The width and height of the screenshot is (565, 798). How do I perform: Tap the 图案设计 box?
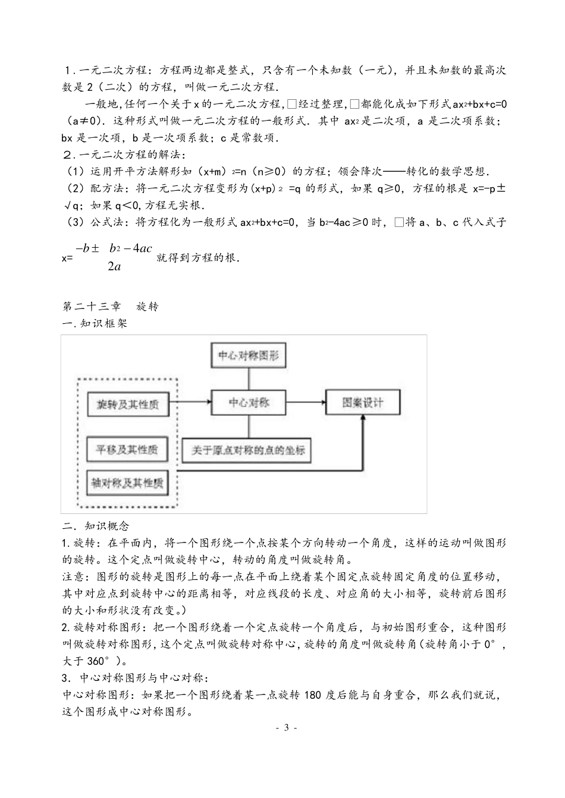click(x=362, y=402)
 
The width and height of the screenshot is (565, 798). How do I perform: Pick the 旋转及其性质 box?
click(x=127, y=404)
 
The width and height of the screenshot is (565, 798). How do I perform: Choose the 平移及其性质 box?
click(x=127, y=450)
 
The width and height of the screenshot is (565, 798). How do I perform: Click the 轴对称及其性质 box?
click(x=127, y=482)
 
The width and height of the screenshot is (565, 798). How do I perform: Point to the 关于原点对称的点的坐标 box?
click(x=247, y=450)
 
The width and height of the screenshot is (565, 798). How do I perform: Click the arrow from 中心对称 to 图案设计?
click(x=305, y=402)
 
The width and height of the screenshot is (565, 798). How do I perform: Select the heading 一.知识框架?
click(x=95, y=324)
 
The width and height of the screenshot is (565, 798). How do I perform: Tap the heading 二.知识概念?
click(x=95, y=526)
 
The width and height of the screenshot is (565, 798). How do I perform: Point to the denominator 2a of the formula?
click(x=115, y=266)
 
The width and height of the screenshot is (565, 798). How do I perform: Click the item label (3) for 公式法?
click(x=74, y=223)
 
